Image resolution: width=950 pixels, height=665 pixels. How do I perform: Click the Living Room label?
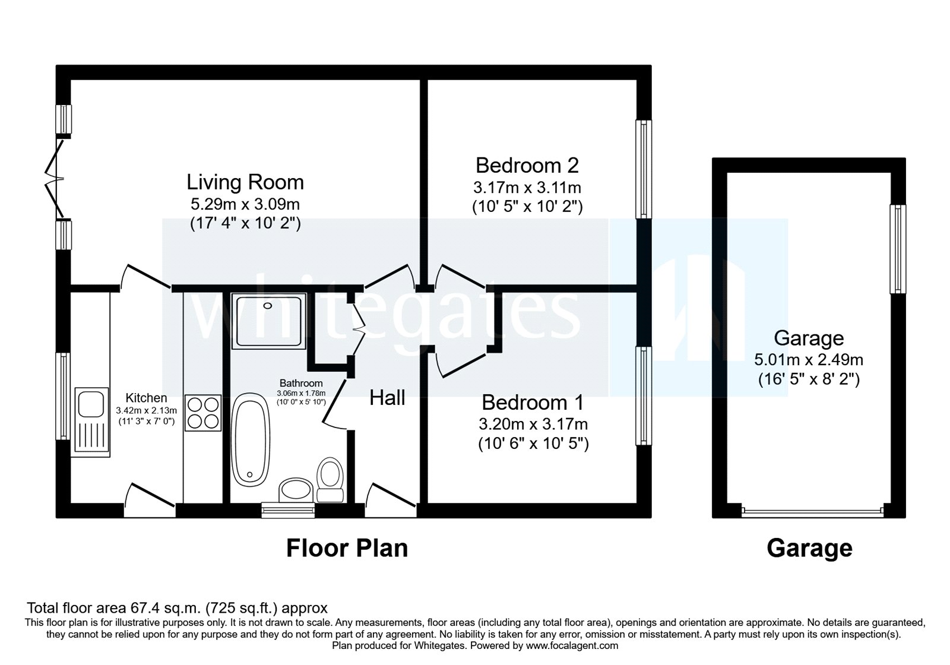click(245, 182)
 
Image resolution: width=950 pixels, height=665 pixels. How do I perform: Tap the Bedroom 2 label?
click(527, 164)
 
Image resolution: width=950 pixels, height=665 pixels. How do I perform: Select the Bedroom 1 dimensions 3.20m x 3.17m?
click(533, 424)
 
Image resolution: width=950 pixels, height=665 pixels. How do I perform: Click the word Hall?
click(387, 398)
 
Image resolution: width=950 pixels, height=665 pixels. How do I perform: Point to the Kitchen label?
click(146, 398)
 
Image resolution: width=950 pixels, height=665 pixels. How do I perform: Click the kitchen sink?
click(90, 422)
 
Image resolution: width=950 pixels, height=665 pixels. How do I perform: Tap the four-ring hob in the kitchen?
click(203, 413)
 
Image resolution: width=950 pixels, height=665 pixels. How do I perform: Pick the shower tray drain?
click(268, 306)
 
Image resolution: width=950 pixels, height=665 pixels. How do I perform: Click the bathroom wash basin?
click(295, 490)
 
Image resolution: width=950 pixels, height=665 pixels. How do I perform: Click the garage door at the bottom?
click(812, 509)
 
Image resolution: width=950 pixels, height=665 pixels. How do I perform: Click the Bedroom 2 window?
click(644, 169)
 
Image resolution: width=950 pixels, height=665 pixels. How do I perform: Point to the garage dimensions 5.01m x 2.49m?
click(809, 359)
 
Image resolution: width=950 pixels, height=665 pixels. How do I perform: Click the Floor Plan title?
click(347, 548)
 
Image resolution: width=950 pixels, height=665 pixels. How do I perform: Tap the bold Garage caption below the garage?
click(809, 548)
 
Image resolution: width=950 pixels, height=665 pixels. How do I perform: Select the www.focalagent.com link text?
click(572, 645)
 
